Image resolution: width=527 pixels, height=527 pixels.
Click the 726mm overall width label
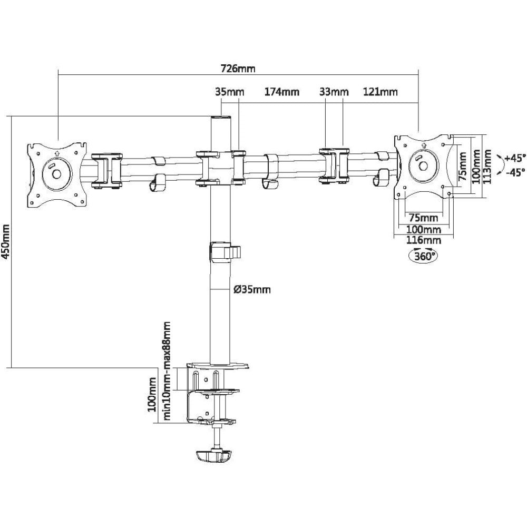point(238,69)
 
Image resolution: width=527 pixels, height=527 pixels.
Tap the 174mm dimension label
point(281,92)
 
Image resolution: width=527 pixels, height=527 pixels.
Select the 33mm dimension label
point(334,92)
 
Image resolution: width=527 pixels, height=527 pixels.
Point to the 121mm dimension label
point(380,92)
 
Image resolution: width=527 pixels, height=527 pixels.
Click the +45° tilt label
point(514,158)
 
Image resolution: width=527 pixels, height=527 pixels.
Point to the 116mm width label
point(424,241)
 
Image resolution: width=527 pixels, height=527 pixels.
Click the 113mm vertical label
point(487,167)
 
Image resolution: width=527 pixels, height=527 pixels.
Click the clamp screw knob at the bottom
point(214,456)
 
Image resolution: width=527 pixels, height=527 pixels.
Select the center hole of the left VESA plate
point(56,174)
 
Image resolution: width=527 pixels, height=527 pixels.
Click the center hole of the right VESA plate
point(423,166)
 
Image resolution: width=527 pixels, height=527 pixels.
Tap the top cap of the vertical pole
point(221,118)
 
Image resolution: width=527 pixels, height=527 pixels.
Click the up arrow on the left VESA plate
point(56,153)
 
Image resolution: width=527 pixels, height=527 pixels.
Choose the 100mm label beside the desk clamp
point(152,394)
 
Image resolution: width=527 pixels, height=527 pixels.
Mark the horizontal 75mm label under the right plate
point(424,218)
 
